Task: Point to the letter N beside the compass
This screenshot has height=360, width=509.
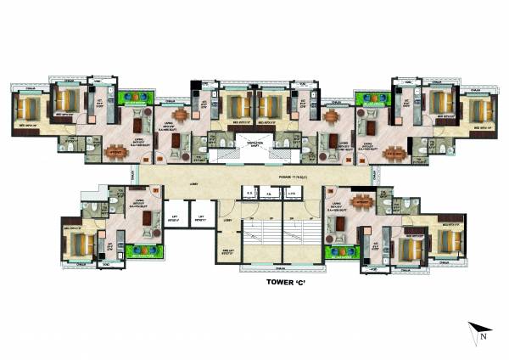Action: click(x=482, y=337)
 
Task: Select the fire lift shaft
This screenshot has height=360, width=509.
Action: click(x=226, y=252)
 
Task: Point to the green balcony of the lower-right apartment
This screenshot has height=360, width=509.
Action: click(x=341, y=251)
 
